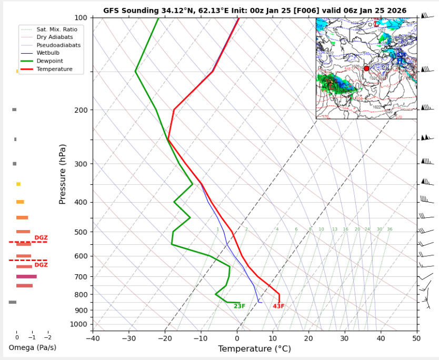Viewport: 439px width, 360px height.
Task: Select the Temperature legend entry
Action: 54,69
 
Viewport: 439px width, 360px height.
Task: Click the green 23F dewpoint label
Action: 240,306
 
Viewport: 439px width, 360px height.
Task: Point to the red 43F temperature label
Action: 278,306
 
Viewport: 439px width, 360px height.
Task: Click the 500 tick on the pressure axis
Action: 82,232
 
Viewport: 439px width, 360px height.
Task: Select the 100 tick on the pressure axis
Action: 82,18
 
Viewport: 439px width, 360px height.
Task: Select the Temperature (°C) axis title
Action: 254,348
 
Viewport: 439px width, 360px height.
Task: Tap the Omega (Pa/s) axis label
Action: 33,347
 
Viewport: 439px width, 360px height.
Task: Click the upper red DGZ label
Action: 41,238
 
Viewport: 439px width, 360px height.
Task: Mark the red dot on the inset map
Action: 366,68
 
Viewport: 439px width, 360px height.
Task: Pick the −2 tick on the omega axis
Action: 48,337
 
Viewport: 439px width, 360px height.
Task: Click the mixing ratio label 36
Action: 390,229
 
